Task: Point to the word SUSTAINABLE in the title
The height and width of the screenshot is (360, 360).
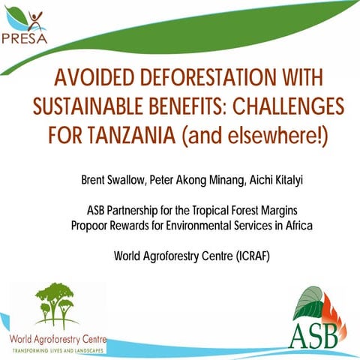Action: (x=85, y=106)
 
